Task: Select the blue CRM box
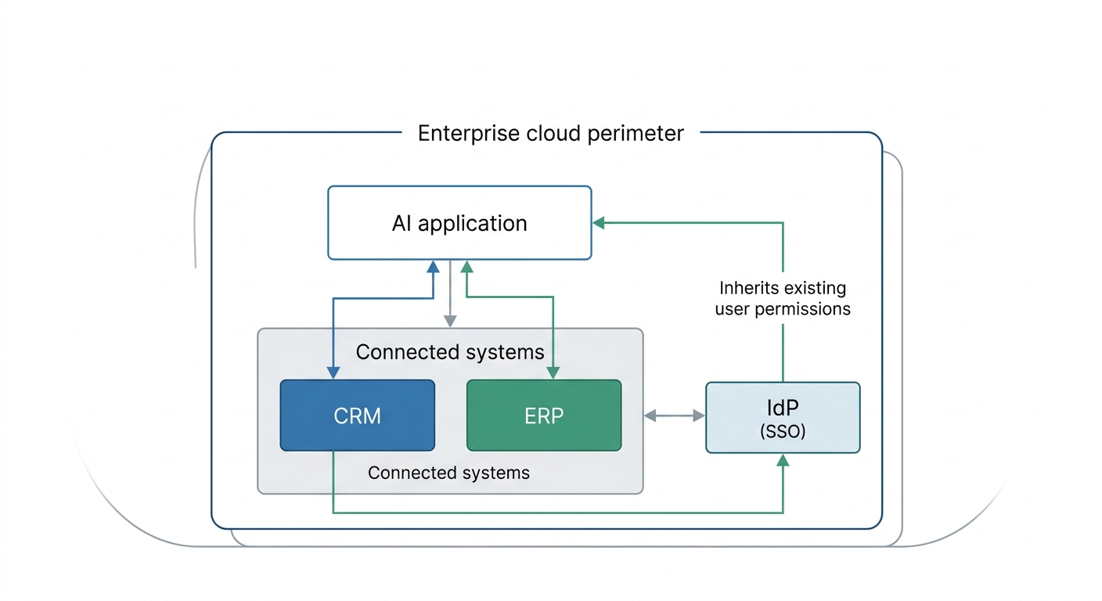tap(357, 416)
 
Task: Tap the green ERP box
tap(543, 416)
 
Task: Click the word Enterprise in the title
tap(458, 134)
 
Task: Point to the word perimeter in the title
tap(636, 134)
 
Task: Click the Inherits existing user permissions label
tap(783, 299)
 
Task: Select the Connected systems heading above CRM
tap(450, 352)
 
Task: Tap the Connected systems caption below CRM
tap(448, 473)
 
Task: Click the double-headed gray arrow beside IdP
tap(674, 416)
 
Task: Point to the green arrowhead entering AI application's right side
tap(600, 223)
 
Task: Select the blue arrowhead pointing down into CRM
tap(333, 373)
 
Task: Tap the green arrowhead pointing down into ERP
tap(553, 373)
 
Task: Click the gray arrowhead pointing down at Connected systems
tap(450, 321)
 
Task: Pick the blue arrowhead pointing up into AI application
tap(433, 267)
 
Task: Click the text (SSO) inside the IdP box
tap(783, 431)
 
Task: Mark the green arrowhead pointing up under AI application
tap(467, 267)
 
